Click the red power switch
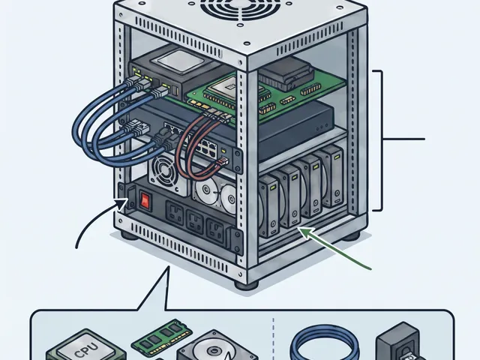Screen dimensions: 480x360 [x=145, y=200]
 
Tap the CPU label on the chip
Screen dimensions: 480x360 [x=87, y=349]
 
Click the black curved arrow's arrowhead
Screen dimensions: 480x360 [x=121, y=203]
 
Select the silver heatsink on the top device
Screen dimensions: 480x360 [x=181, y=61]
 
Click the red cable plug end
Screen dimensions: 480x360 [x=222, y=161]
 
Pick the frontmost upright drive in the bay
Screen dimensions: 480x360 [x=269, y=206]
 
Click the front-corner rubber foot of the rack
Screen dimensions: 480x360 [x=246, y=285]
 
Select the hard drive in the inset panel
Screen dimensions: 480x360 [x=217, y=346]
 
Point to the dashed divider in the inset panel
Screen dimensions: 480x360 [x=273, y=338]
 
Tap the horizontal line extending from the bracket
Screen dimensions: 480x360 [x=404, y=139]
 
